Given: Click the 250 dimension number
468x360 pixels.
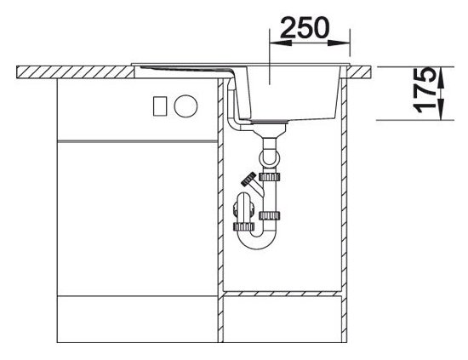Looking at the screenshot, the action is [x=305, y=28].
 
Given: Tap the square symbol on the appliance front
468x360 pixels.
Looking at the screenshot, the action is [x=160, y=106].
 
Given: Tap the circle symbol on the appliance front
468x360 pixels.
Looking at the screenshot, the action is [x=185, y=106].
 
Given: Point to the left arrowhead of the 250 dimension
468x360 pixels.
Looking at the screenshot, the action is [x=280, y=43].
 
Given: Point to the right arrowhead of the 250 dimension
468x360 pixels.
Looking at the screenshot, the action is [x=339, y=43].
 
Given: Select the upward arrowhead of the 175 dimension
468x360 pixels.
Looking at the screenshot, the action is [x=441, y=78].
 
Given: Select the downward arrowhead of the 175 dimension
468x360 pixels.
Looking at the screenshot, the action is [x=441, y=110].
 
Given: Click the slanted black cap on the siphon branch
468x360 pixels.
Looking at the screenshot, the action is [x=248, y=178].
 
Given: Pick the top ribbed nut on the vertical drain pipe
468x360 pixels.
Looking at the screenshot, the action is [x=270, y=177].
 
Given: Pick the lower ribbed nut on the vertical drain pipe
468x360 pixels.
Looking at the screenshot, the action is [x=270, y=215].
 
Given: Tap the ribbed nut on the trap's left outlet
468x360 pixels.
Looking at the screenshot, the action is [x=244, y=226].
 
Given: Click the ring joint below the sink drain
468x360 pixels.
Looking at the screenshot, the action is [x=270, y=157].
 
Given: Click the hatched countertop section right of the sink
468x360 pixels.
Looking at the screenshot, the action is [x=360, y=72].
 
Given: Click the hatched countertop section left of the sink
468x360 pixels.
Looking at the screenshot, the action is [x=75, y=72].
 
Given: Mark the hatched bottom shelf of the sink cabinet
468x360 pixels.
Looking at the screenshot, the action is [x=283, y=294].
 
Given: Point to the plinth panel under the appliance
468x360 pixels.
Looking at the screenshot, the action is [x=137, y=319].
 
